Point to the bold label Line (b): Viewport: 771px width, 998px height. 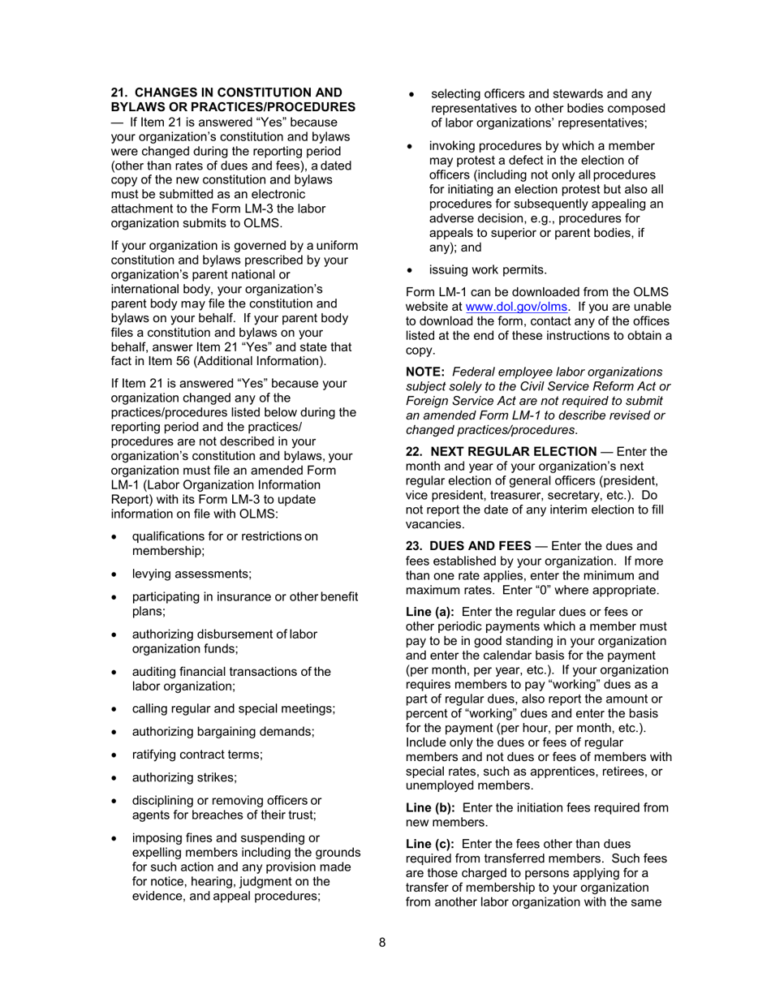point(430,807)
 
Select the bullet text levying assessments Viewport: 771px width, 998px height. point(192,574)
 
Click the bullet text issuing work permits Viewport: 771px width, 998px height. point(488,269)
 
